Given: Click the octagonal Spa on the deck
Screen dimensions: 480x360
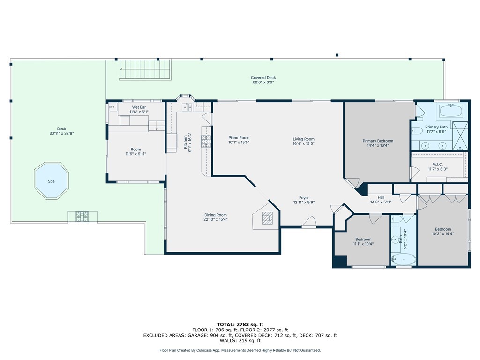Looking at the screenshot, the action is (x=52, y=181).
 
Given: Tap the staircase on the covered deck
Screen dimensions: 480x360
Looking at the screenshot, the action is (x=145, y=69).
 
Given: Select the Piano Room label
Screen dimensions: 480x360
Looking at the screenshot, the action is (x=239, y=138).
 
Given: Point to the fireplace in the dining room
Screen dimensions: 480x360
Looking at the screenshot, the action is (x=267, y=218).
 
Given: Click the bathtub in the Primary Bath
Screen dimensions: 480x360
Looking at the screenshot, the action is (x=451, y=111).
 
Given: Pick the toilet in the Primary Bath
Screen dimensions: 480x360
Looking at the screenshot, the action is (x=416, y=131).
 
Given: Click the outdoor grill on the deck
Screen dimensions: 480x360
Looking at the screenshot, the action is (x=82, y=217).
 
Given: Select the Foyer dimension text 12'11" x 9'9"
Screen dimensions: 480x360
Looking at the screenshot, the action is (x=304, y=202).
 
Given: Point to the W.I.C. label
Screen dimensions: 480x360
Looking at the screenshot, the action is (x=438, y=165).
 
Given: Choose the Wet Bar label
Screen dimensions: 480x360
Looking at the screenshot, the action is (x=139, y=107).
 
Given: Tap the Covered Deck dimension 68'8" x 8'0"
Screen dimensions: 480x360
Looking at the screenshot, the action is (x=263, y=82).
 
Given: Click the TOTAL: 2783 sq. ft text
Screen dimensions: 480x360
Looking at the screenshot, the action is (x=240, y=324).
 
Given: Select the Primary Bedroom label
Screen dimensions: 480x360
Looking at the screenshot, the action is (x=378, y=141).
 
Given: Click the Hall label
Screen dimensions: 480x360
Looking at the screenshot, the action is (x=381, y=197).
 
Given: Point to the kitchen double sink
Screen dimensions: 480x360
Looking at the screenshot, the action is (x=187, y=107).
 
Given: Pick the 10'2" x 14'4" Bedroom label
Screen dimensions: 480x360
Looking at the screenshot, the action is (x=443, y=229).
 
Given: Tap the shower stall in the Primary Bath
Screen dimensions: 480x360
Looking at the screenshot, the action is (x=460, y=135).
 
